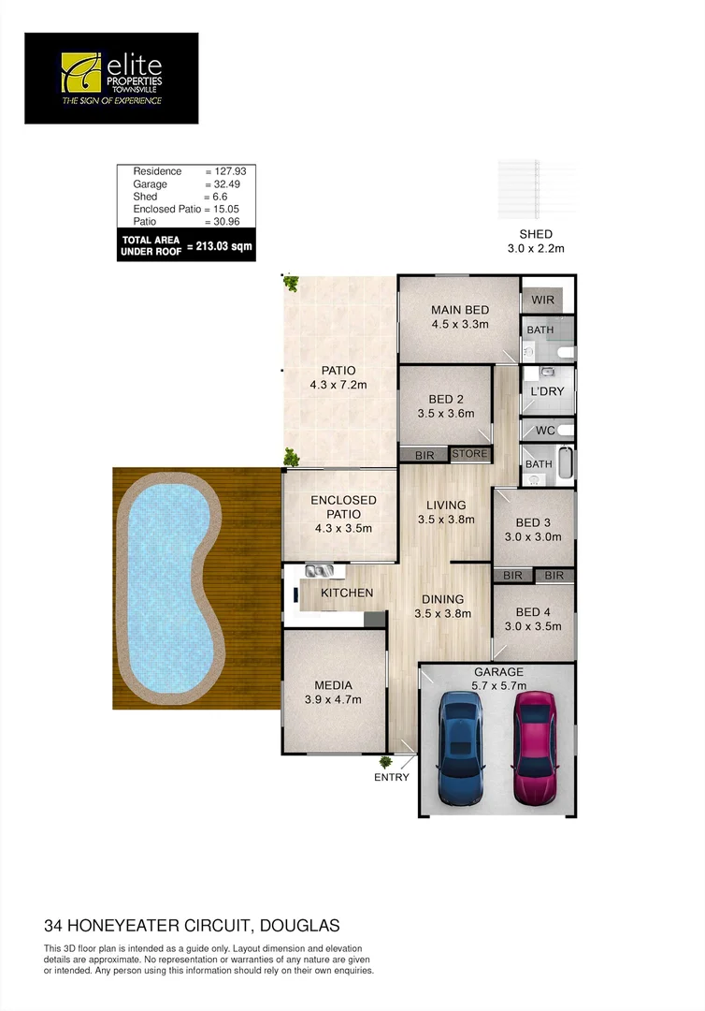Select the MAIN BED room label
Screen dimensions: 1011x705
tap(460, 310)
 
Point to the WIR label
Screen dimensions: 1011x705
tap(543, 300)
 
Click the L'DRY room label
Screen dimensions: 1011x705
tap(547, 391)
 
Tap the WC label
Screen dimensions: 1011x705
tap(546, 432)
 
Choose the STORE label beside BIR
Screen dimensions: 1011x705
tap(469, 454)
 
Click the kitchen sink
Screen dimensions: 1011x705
tap(315, 570)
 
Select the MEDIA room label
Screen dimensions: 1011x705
tap(333, 684)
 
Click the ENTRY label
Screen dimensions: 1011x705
tap(392, 777)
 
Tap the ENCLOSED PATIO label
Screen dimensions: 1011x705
tap(343, 507)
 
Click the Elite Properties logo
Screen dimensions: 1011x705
tap(111, 78)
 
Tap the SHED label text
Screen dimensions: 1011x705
tap(536, 234)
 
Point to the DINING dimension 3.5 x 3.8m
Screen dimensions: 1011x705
tap(442, 614)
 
